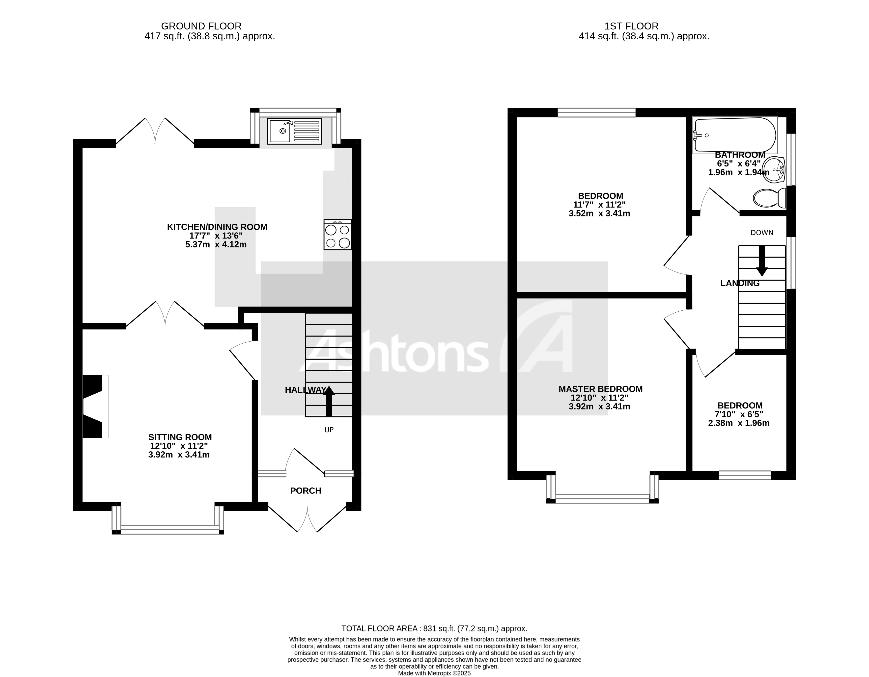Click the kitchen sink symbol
[x=294, y=131]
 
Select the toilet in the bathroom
[x=770, y=198]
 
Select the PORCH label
[x=306, y=491]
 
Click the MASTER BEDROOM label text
[x=600, y=389]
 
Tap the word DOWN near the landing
[x=761, y=233]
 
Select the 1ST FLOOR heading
[x=631, y=26]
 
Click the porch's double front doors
[x=308, y=519]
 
